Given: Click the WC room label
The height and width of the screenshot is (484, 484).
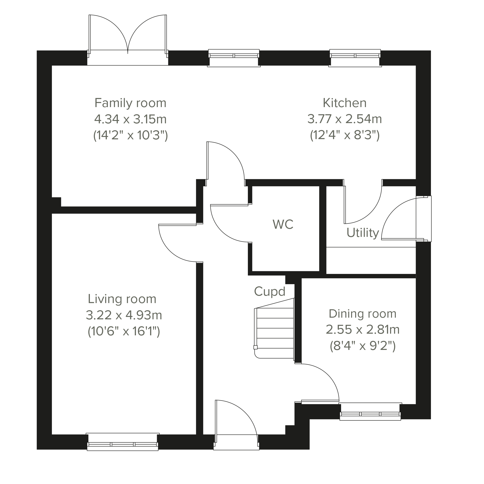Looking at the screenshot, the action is click(283, 224).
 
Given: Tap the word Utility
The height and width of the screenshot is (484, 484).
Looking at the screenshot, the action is click(363, 233).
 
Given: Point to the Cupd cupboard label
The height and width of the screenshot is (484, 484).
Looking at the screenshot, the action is click(270, 291).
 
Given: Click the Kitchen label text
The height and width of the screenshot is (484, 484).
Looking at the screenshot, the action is click(344, 103).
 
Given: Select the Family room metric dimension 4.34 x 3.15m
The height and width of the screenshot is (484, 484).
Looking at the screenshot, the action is click(130, 119).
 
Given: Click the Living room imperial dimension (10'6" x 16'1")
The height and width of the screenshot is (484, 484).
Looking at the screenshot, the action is click(124, 332).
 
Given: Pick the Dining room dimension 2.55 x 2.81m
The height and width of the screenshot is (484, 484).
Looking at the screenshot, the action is click(363, 330).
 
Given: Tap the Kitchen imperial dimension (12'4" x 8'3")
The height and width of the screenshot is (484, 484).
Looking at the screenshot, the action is click(345, 136).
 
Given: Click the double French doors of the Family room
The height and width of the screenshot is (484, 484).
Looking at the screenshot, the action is click(128, 40).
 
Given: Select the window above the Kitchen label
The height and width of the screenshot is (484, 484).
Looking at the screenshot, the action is click(355, 58).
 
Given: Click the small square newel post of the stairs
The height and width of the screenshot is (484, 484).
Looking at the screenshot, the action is click(256, 347).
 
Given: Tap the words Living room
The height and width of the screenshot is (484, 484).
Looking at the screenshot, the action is click(122, 299).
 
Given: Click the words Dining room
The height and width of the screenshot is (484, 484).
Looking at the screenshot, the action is click(363, 314).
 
